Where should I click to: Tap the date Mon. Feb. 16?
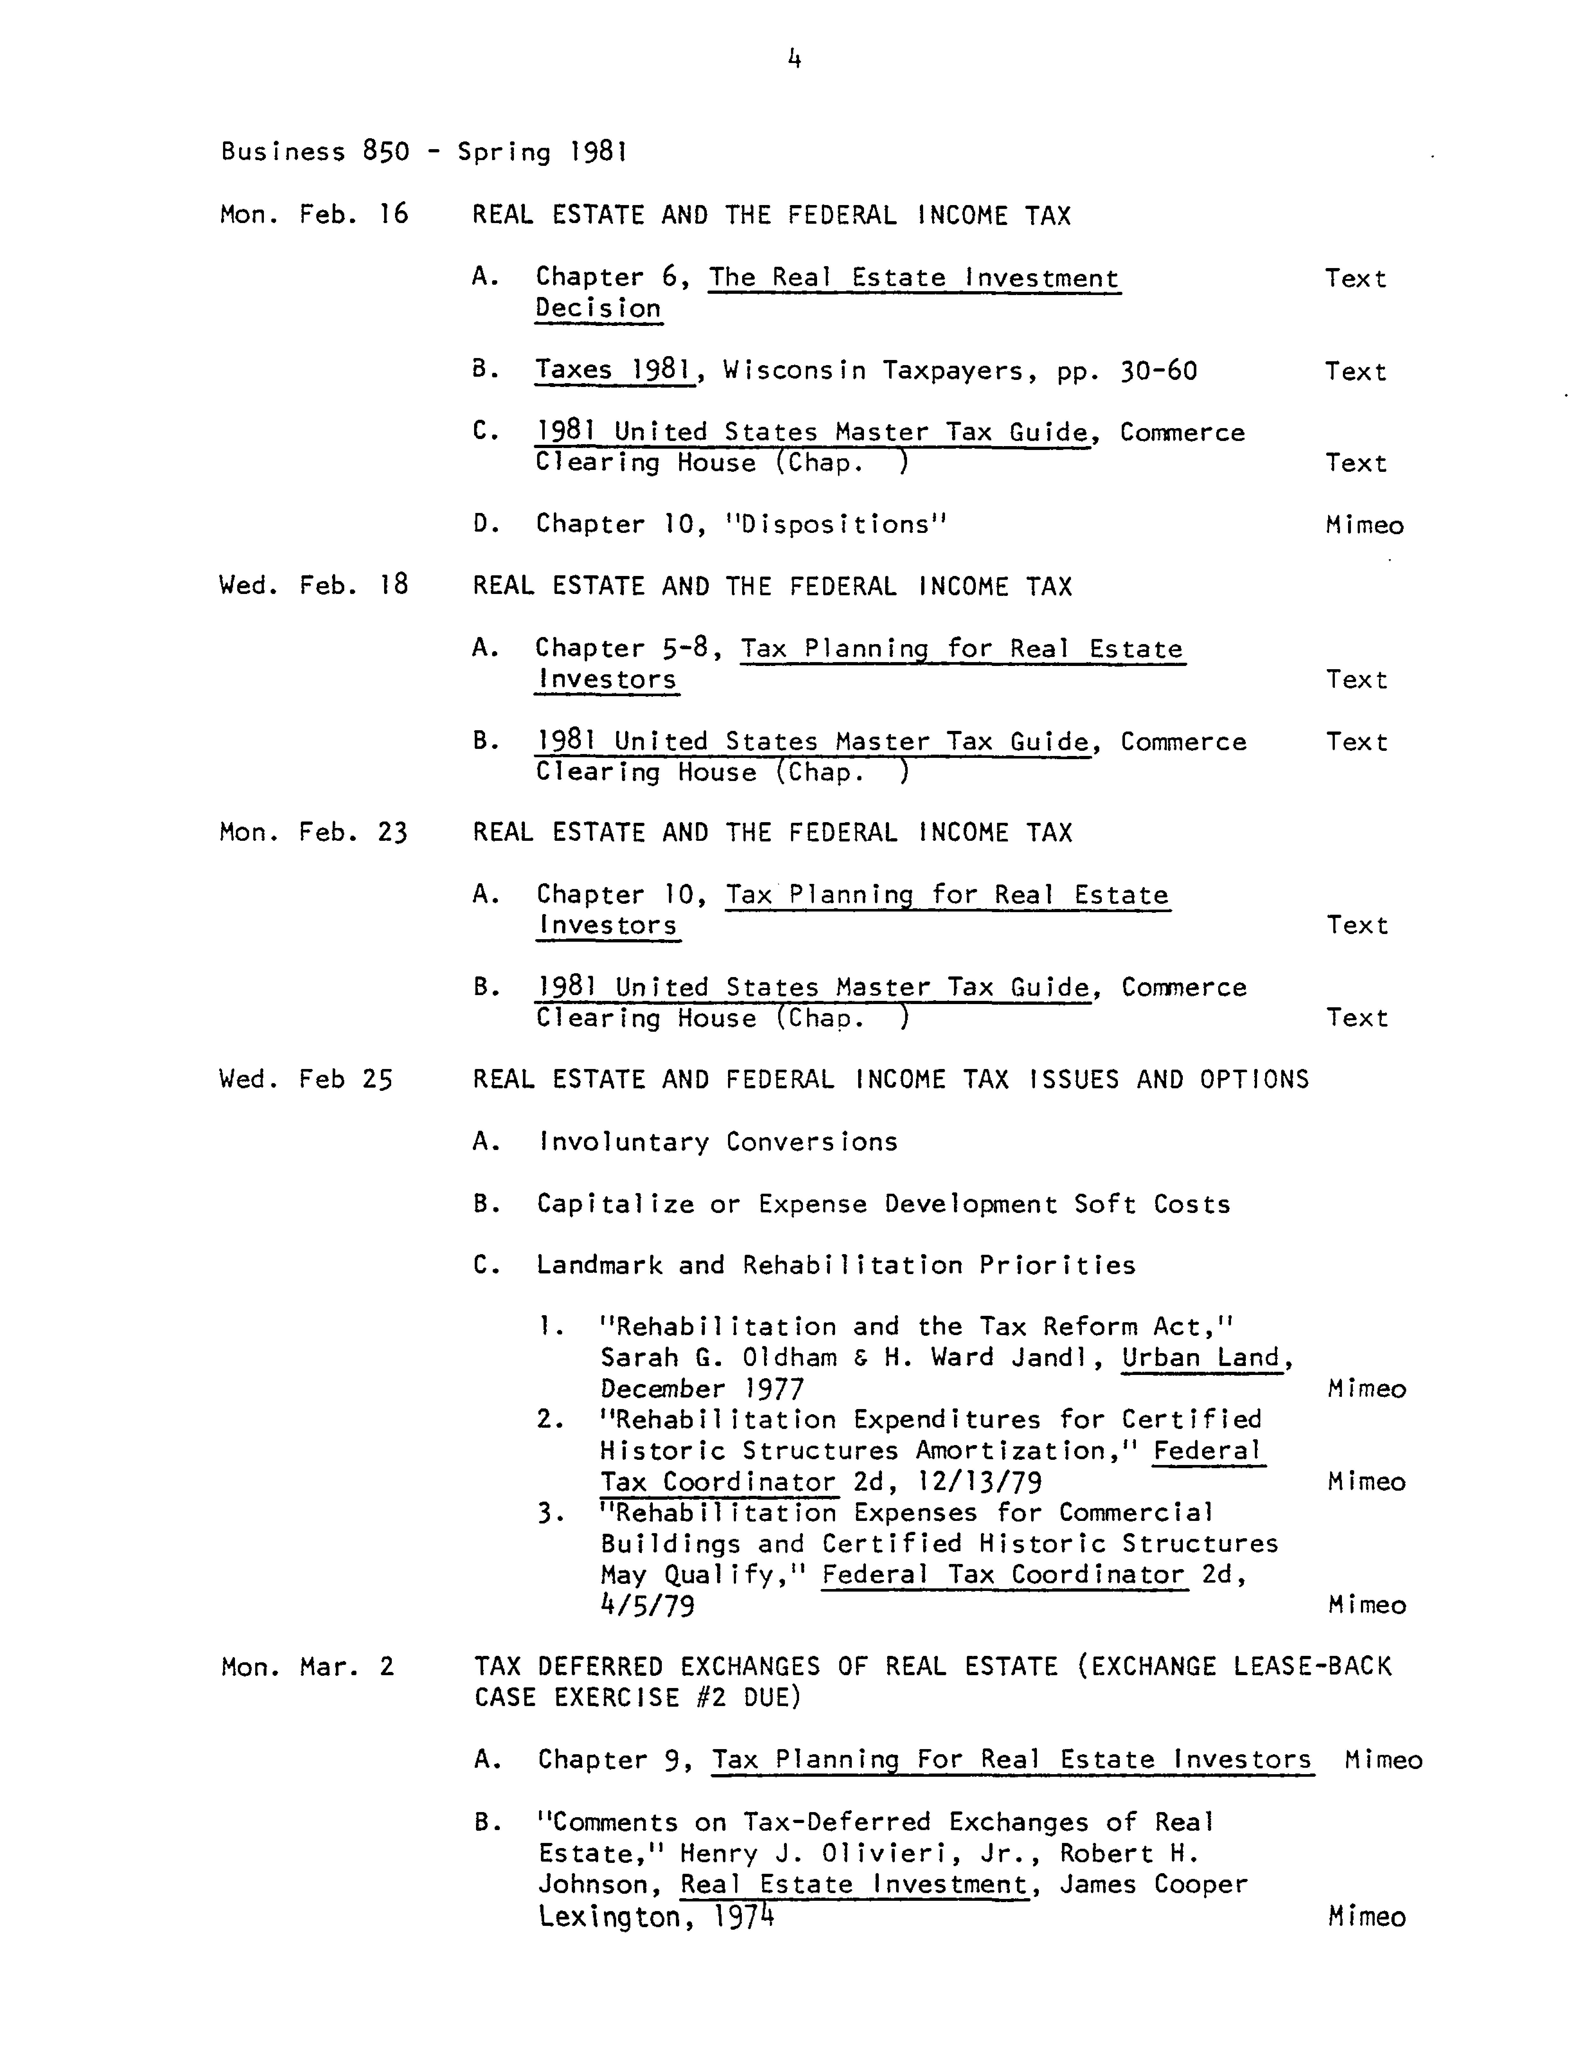(314, 215)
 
